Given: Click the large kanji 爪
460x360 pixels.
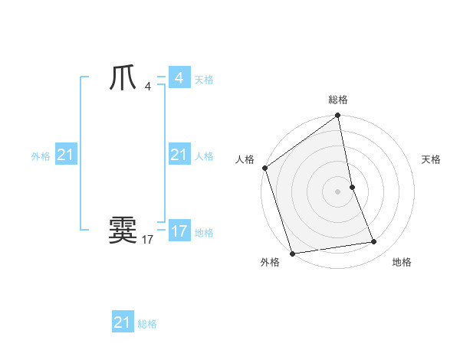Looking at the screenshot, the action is tap(123, 78).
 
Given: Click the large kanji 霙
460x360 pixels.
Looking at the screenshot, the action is tap(123, 230).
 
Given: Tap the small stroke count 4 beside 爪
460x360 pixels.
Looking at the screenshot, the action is tap(147, 86).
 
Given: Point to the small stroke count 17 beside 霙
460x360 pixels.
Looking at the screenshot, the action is tap(147, 240).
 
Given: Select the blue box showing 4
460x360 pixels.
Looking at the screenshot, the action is tap(179, 78).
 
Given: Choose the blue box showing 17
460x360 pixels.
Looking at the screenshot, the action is tap(179, 231).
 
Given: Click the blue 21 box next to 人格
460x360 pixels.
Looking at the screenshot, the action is tap(179, 155).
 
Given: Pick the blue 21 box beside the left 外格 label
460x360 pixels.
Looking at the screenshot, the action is tap(65, 155).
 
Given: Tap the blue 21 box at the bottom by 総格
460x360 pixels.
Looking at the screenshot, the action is tap(122, 322).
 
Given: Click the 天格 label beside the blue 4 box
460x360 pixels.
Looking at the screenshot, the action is tap(204, 80).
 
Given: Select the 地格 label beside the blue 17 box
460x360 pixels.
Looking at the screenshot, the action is tap(204, 233).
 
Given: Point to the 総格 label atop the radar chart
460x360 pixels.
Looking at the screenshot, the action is tap(338, 100).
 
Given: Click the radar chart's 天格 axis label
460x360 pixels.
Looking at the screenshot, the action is tap(431, 159).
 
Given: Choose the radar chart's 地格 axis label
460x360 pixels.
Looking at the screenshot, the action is tap(402, 262).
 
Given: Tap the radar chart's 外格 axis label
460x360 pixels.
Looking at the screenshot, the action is tap(270, 262).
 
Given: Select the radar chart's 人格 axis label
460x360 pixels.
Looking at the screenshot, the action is tap(245, 159).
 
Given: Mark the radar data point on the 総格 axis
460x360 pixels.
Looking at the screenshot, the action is tap(338, 116).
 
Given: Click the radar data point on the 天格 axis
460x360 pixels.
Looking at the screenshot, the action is tap(352, 187).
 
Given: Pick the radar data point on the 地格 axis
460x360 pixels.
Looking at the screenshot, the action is tap(374, 242).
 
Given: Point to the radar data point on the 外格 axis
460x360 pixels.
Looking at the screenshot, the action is tap(292, 254).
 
